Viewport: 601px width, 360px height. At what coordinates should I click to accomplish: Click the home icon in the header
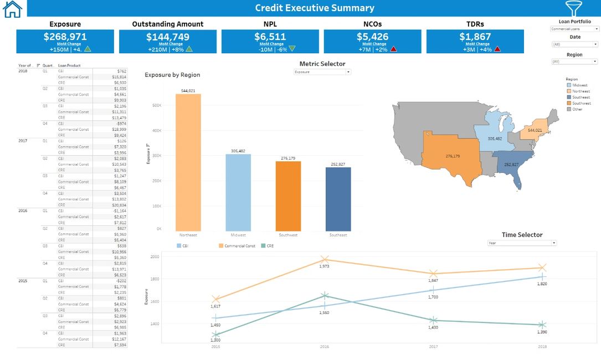pos(12,8)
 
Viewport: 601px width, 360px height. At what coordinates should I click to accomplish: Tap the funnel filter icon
pos(573,8)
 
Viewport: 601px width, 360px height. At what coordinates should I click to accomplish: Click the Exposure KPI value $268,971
pos(65,37)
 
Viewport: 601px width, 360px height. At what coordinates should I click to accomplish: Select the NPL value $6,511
pos(270,37)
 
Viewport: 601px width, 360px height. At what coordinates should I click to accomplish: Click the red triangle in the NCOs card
pos(394,49)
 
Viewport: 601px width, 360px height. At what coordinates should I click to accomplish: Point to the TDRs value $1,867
pos(475,37)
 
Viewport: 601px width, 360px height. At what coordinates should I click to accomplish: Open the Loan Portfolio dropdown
pos(574,29)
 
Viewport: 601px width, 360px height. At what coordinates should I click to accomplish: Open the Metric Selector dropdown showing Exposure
pos(322,72)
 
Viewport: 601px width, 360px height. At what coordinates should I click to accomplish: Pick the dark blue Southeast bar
pos(338,199)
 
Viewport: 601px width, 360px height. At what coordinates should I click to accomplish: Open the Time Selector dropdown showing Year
pos(522,243)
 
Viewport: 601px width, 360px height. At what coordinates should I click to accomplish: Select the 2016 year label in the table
pos(23,211)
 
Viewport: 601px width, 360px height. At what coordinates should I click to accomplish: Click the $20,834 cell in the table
pos(119,205)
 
